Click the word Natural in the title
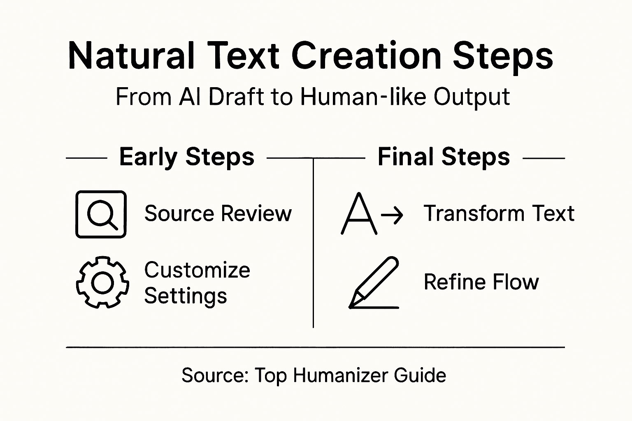tap(131, 56)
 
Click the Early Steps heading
tap(187, 157)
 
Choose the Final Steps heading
tap(444, 157)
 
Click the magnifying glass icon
tap(101, 214)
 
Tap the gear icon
tap(102, 282)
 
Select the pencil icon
tap(374, 283)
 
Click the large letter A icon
tap(359, 214)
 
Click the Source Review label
tap(218, 213)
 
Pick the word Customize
tap(197, 270)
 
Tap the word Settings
tap(186, 296)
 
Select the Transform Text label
tap(499, 213)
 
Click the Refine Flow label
tap(481, 282)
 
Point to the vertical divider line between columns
tap(314, 247)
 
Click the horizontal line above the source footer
tap(315, 347)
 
